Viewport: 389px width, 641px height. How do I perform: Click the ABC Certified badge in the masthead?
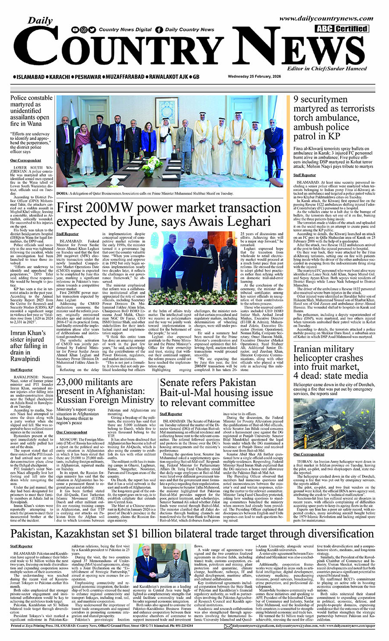pyautogui.click(x=341, y=29)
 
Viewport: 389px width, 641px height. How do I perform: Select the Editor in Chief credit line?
pyautogui.click(x=327, y=68)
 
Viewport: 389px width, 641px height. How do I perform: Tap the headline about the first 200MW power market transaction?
pyautogui.click(x=169, y=215)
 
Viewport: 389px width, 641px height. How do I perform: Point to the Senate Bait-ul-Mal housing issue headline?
pyautogui.click(x=222, y=392)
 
